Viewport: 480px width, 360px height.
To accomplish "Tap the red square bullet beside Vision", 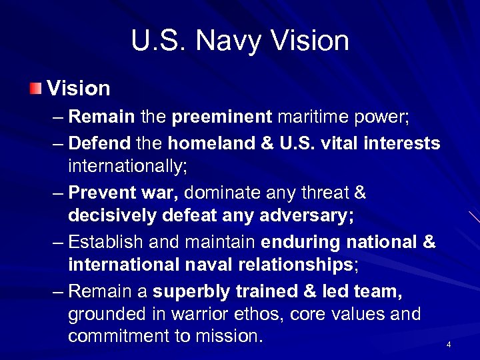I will click(x=35, y=88).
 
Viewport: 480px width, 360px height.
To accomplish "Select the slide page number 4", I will click(x=449, y=345).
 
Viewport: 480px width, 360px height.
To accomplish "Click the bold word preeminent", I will click(x=222, y=118).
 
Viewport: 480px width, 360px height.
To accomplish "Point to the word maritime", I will click(x=311, y=118).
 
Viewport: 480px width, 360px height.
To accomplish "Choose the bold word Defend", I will click(x=100, y=143).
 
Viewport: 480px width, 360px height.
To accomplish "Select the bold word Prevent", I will click(x=102, y=193).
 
